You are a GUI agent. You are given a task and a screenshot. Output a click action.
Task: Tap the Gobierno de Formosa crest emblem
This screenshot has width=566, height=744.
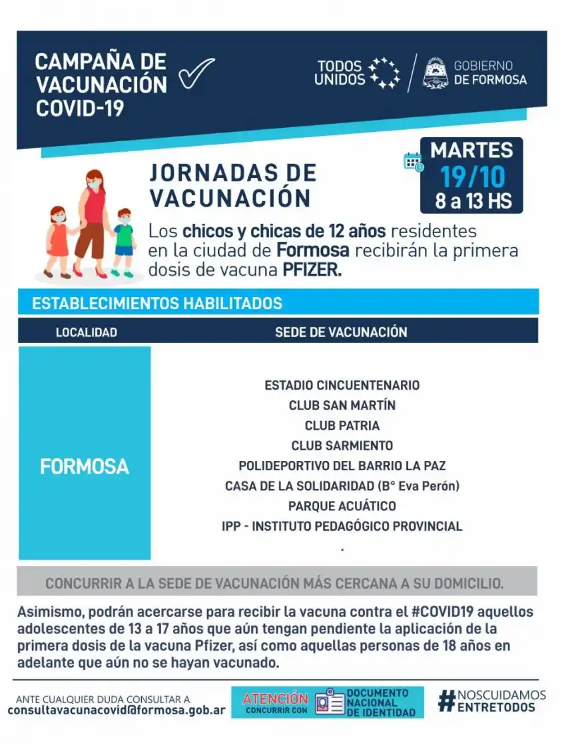(435, 73)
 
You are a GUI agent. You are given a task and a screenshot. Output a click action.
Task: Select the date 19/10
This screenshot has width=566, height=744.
(472, 177)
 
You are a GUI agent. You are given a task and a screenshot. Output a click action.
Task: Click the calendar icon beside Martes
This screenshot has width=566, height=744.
(413, 161)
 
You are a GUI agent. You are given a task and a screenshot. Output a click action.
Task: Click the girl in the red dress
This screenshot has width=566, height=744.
(58, 240)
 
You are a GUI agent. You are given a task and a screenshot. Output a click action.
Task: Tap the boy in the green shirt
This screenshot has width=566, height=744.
(123, 241)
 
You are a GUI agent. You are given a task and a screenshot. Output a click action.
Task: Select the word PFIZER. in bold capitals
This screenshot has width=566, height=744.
(312, 271)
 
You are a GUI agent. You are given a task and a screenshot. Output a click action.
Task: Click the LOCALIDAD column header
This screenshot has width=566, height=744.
(86, 332)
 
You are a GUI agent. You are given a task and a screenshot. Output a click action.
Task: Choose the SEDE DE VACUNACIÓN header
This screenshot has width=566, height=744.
(341, 332)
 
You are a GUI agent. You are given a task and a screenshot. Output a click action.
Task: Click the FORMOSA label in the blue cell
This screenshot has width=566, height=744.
(85, 466)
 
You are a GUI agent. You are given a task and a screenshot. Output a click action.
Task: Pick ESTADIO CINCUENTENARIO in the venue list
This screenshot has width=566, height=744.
(342, 385)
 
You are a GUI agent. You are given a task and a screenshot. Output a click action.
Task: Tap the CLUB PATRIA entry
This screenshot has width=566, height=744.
(342, 426)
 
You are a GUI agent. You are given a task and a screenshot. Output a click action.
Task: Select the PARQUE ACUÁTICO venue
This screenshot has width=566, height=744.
(342, 506)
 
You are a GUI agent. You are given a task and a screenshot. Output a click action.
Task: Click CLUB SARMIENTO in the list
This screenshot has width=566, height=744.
(342, 446)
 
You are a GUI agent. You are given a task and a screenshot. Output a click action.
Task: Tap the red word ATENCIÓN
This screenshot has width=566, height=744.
(275, 699)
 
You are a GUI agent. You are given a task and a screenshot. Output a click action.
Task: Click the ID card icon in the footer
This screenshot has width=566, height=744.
(330, 703)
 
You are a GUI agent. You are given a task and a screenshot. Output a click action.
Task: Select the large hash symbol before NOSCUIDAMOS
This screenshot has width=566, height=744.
(446, 701)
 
